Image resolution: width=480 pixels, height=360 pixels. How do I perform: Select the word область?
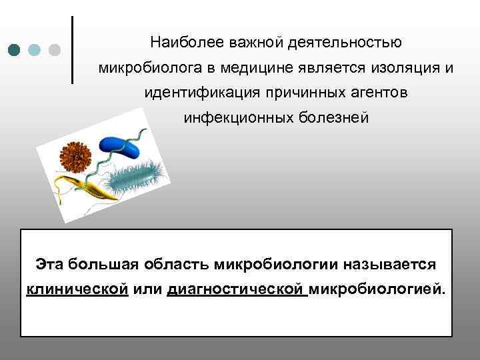[177, 264]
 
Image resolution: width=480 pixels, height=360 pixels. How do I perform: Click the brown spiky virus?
[76, 157]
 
